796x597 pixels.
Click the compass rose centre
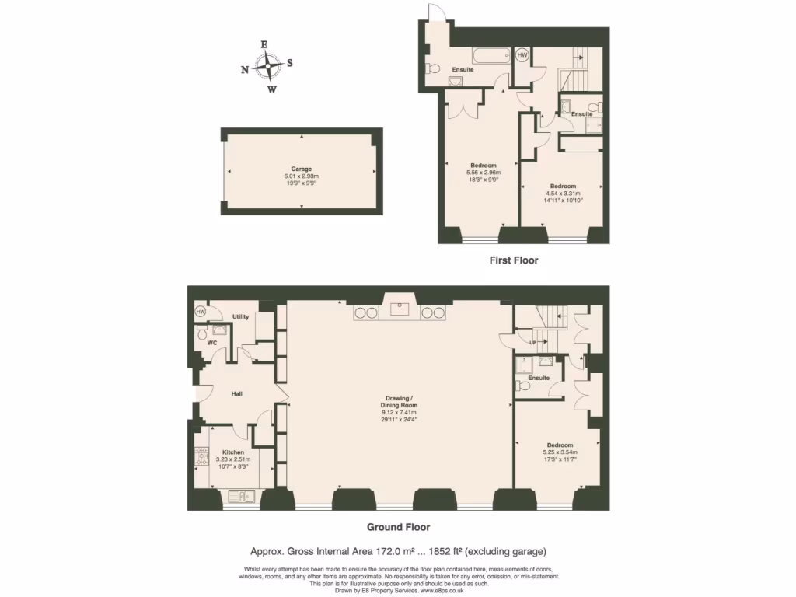pos(268,67)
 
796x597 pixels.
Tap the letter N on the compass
pos(245,69)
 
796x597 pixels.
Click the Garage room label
pos(302,169)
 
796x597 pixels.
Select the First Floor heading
pos(513,260)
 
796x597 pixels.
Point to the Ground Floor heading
pos(397,527)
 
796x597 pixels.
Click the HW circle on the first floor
pos(522,55)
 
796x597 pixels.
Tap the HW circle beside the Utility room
pos(200,312)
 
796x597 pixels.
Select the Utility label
pos(240,317)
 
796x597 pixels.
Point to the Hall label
pos(236,394)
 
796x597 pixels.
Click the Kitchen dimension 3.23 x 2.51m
pos(233,459)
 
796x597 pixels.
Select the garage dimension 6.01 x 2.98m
pos(302,176)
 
